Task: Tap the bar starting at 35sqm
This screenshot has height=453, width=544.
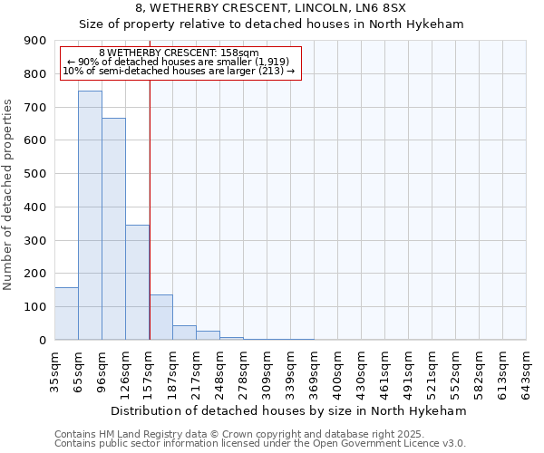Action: coord(66,313)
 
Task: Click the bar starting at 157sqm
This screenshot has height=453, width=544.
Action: coord(160,317)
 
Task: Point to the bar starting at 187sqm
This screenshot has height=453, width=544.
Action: coord(184,333)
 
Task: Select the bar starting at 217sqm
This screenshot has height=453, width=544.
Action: coord(208,335)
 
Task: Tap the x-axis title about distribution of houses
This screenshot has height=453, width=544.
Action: coord(290,411)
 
